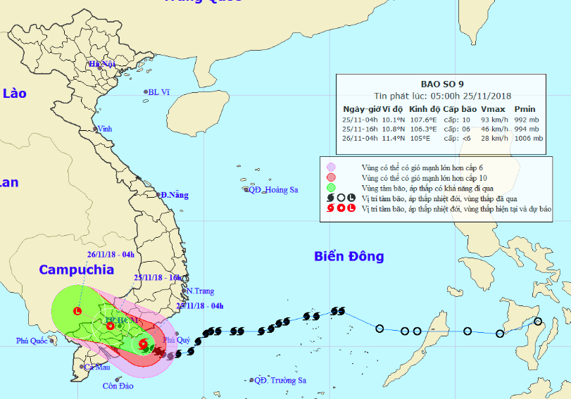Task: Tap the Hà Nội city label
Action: pos(101,64)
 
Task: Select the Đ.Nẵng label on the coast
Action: pos(174,194)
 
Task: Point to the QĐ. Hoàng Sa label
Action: pos(273,190)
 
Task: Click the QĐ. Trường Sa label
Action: pos(280,381)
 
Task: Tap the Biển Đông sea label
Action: pos(349,256)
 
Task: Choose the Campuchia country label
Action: pos(76,270)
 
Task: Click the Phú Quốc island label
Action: pos(35,341)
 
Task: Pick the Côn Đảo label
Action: pos(118,386)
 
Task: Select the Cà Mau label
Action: pos(97,367)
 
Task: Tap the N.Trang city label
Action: pos(200,291)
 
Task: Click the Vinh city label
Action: pos(105,129)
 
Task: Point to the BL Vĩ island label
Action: pos(158,92)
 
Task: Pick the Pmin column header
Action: pos(525,109)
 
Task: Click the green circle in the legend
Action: pos(331,187)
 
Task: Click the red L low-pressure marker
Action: pos(77,310)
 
